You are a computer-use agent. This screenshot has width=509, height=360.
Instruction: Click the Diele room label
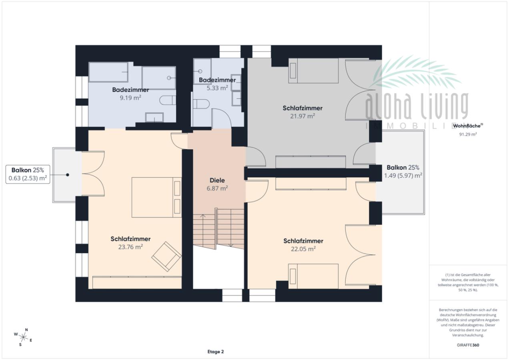(217, 180)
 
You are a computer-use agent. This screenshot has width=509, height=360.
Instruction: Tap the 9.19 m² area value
(130, 98)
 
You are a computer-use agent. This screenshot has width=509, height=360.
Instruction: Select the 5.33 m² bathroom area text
(217, 88)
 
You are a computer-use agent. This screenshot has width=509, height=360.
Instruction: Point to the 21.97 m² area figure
(303, 116)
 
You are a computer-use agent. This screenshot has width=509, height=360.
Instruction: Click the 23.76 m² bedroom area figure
(130, 247)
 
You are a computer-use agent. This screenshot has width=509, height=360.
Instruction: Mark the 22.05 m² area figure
(303, 249)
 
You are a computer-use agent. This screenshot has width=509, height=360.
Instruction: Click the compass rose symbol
(23, 337)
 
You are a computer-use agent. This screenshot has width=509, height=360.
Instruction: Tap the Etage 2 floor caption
(216, 352)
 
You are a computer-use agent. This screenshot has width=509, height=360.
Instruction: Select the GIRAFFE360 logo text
(468, 345)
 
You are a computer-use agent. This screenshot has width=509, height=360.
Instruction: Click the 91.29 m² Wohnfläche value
(468, 134)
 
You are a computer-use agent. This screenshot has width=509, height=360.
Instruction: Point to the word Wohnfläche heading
(467, 126)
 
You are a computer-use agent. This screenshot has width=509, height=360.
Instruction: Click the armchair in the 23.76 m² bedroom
(166, 256)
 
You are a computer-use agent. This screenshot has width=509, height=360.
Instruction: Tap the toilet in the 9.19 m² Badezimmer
(168, 100)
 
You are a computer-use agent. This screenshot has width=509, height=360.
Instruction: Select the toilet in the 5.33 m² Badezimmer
(201, 104)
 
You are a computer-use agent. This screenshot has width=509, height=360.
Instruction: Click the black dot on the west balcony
(68, 175)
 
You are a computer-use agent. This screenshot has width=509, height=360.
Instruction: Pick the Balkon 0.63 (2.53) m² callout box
(28, 174)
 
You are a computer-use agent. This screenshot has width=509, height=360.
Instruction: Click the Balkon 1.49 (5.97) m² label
(403, 172)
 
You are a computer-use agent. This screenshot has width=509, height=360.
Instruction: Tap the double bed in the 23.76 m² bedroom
(156, 197)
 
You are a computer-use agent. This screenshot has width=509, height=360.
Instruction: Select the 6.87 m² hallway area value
(217, 188)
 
